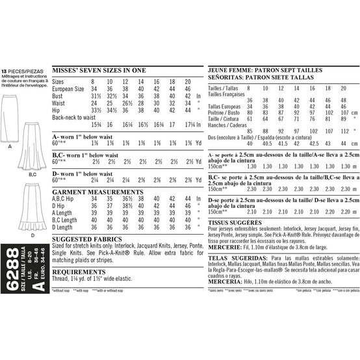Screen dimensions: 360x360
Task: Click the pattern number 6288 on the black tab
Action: (15, 259)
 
